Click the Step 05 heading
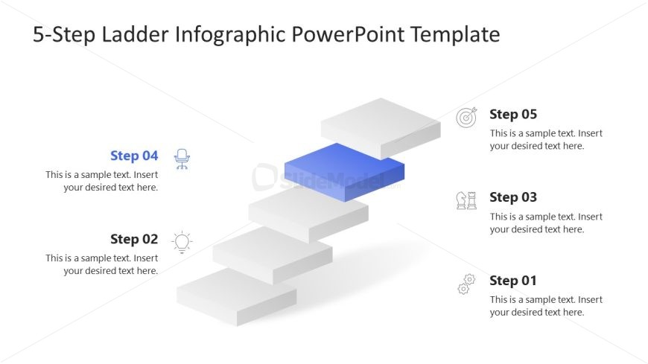point(512,115)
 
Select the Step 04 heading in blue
point(134,156)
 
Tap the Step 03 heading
point(512,197)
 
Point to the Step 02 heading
point(134,239)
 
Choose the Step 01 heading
point(512,281)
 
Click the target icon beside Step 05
point(466,117)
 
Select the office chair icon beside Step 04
point(182,159)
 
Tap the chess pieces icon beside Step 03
point(466,200)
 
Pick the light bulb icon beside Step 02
point(182,242)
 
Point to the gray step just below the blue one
point(308,210)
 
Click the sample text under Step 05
point(546,140)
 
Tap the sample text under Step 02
point(102,264)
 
